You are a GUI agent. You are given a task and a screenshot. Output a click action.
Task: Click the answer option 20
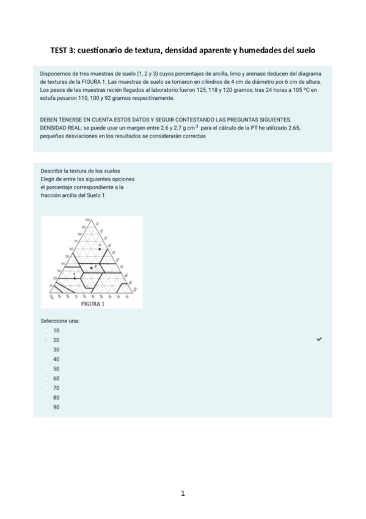(56, 340)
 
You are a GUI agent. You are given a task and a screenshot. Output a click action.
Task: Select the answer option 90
(56, 406)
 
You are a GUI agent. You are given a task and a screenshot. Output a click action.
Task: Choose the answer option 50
(56, 368)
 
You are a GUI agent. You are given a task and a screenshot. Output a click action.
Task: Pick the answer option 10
(56, 330)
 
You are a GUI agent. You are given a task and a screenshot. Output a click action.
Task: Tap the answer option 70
(56, 387)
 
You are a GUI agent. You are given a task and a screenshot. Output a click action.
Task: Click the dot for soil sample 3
(100, 249)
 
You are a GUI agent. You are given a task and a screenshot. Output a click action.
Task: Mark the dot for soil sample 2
(92, 268)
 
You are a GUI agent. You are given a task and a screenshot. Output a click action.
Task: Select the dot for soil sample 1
(75, 277)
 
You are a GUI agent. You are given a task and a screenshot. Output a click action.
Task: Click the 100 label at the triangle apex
(87, 219)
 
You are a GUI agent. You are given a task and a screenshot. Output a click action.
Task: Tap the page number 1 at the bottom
(183, 493)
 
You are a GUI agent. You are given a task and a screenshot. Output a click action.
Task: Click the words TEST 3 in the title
(64, 50)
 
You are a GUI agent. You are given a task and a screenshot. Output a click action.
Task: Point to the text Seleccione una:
(60, 321)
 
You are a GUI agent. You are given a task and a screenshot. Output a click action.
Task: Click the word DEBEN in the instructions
(50, 119)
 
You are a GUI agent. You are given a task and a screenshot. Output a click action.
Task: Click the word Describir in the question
(53, 170)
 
